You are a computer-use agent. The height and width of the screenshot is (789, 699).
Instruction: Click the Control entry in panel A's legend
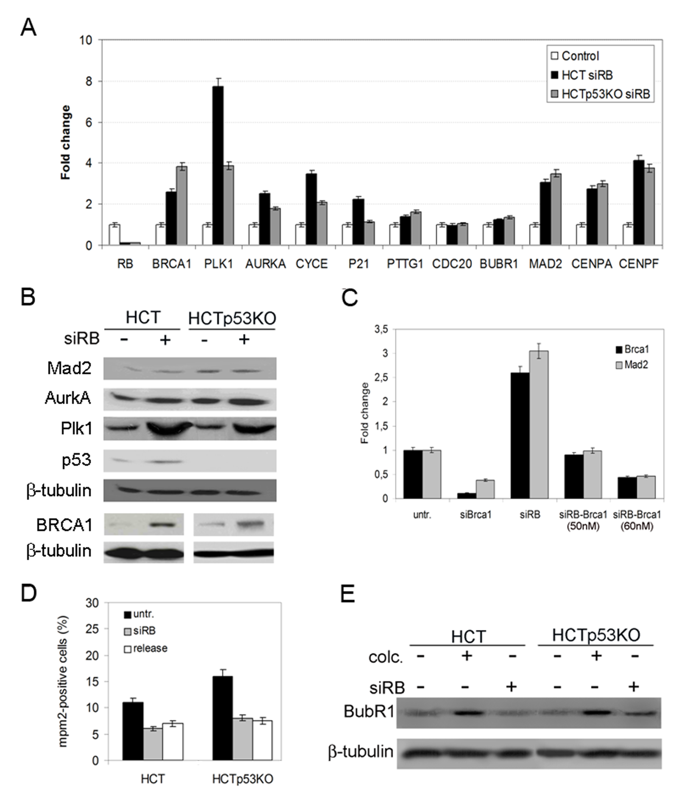[x=575, y=56]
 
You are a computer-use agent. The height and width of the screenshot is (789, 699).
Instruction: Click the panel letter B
[x=28, y=298]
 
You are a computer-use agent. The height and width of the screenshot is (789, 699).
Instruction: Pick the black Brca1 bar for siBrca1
[x=467, y=496]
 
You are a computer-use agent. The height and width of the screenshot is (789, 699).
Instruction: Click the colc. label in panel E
[x=386, y=657]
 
